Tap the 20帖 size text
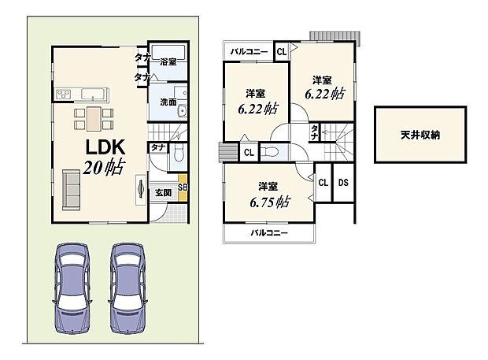103,168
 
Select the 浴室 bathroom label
168,61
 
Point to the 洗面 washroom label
168,102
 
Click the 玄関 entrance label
164,193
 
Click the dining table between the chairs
93,118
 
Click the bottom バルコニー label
269,234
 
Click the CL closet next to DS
323,182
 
